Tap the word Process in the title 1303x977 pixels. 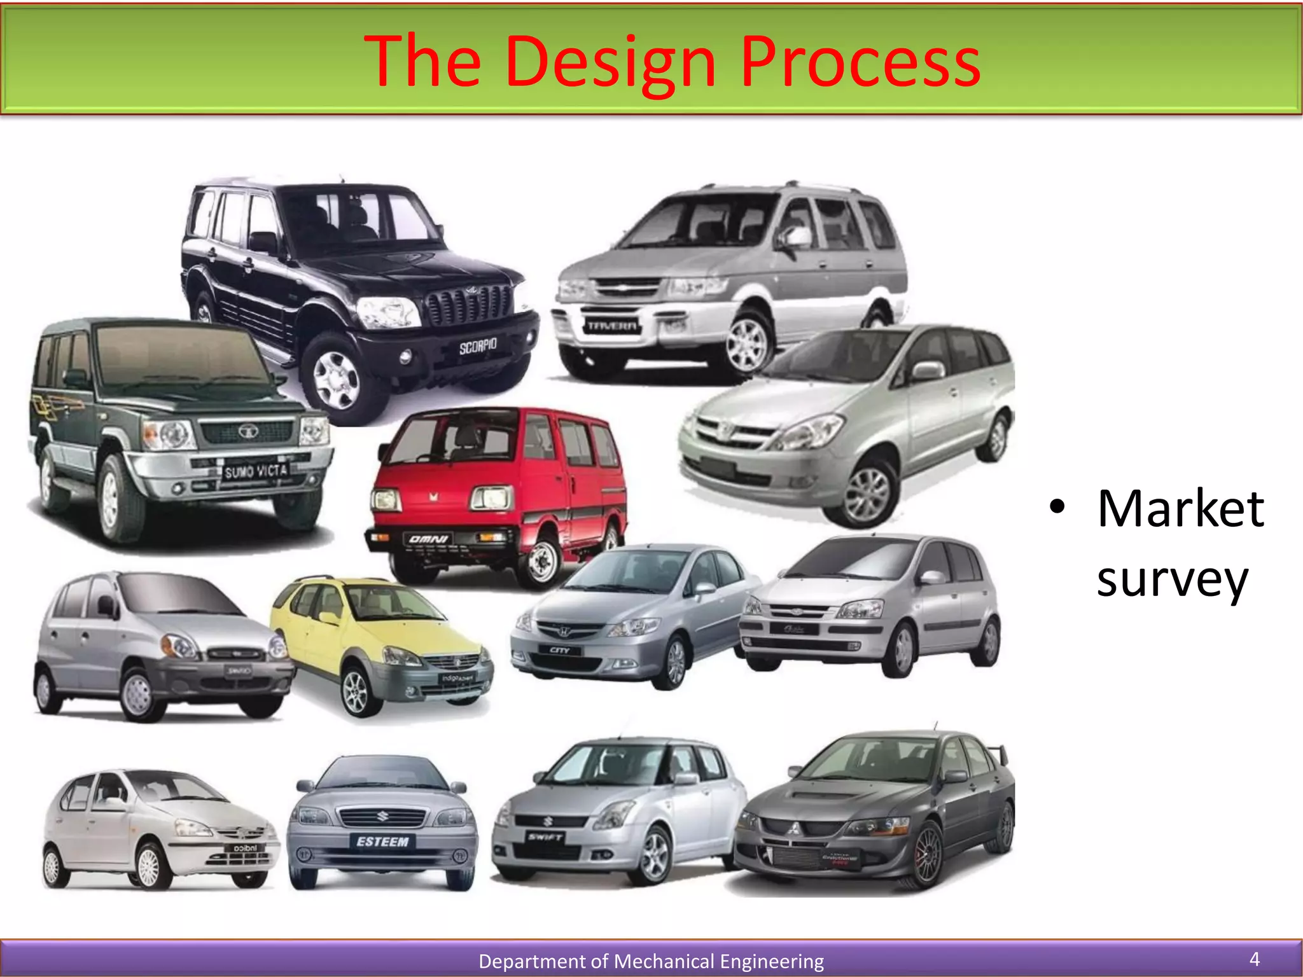[860, 62]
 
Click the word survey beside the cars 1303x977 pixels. [1172, 580]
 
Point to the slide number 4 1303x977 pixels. [1255, 959]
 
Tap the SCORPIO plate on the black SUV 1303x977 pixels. [478, 346]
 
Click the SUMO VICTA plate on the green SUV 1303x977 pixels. [256, 471]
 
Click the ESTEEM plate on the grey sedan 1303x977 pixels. [382, 842]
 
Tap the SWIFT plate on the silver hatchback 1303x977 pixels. [545, 837]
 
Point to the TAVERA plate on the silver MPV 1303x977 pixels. [611, 326]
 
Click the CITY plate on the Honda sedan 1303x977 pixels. [559, 650]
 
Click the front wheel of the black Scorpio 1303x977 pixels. [337, 380]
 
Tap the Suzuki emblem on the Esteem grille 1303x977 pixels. [382, 815]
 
